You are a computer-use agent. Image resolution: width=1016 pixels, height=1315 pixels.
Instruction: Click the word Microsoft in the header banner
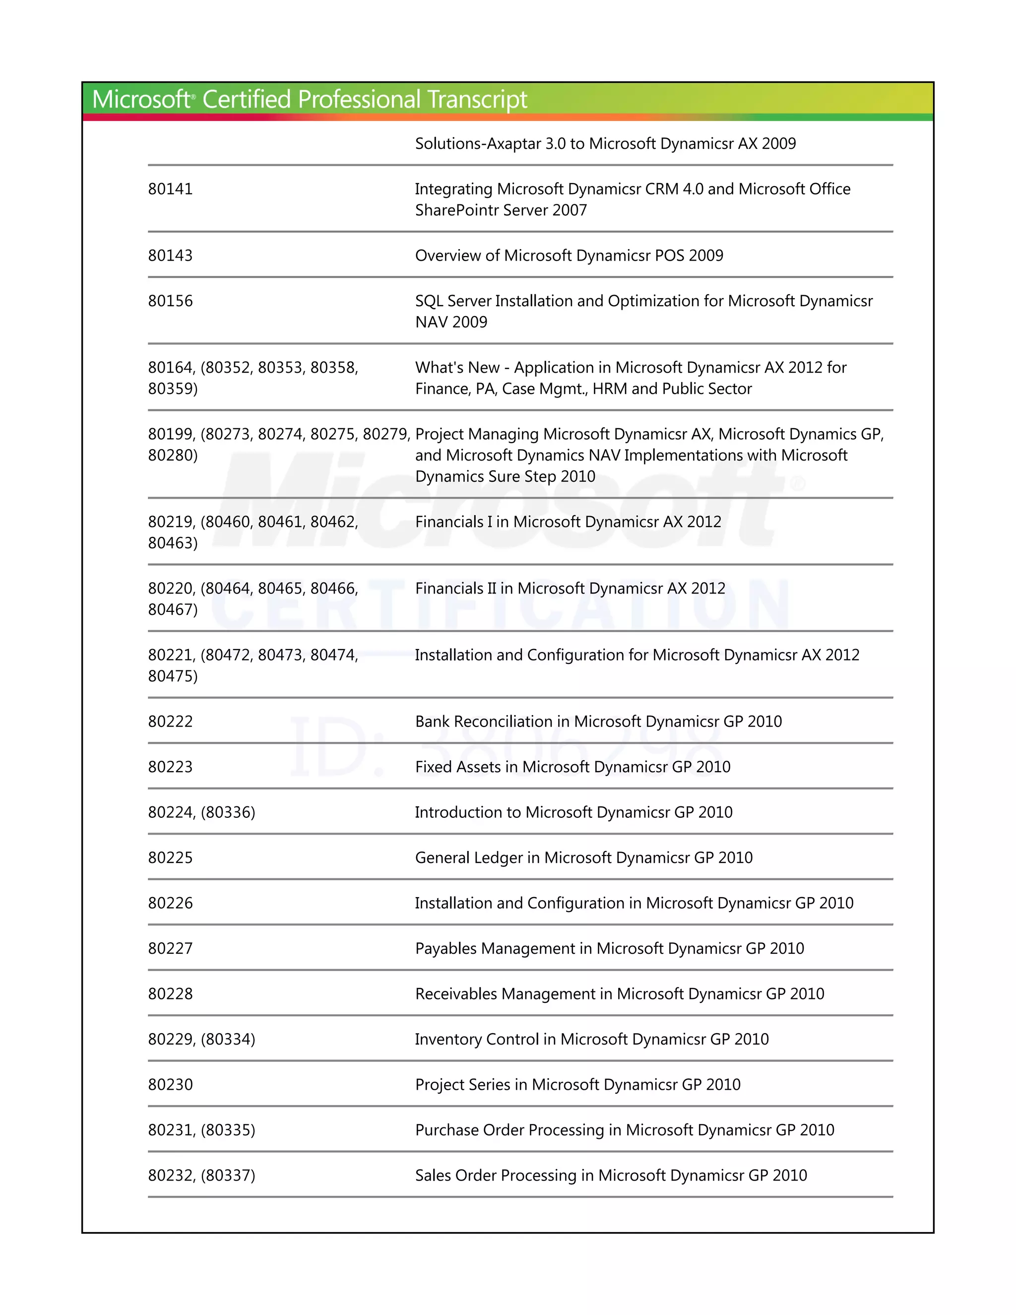click(x=141, y=99)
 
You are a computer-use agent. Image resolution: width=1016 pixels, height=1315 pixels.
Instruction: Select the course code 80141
click(x=170, y=189)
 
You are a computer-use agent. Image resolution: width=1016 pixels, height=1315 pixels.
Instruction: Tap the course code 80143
click(x=170, y=255)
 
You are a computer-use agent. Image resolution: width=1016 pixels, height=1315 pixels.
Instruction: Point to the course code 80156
click(x=170, y=301)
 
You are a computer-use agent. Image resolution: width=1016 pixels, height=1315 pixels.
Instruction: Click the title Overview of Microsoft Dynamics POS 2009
click(x=569, y=255)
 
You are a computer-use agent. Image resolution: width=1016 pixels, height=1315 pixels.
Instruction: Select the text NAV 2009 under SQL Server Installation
click(x=451, y=322)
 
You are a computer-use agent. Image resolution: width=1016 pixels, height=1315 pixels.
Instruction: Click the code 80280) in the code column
click(x=173, y=455)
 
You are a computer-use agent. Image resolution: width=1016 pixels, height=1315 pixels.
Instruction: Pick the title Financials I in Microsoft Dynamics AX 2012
click(x=568, y=522)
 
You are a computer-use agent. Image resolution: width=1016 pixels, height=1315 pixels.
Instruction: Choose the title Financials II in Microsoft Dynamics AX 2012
click(x=570, y=588)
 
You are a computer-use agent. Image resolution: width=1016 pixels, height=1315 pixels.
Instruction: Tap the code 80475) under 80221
click(x=173, y=676)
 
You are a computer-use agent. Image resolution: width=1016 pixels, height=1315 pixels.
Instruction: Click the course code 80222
click(x=170, y=722)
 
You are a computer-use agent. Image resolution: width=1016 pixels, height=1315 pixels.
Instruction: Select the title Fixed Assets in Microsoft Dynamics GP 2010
click(x=572, y=767)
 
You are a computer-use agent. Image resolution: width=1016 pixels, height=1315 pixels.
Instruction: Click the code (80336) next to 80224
click(x=228, y=812)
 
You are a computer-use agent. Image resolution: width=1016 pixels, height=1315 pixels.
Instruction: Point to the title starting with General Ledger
click(x=583, y=858)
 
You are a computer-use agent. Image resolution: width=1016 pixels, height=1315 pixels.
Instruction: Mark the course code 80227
click(x=170, y=948)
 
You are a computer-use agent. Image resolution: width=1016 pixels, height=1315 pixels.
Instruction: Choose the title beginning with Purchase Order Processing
click(x=624, y=1130)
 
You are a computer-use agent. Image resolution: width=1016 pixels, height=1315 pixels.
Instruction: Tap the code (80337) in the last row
click(x=228, y=1175)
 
